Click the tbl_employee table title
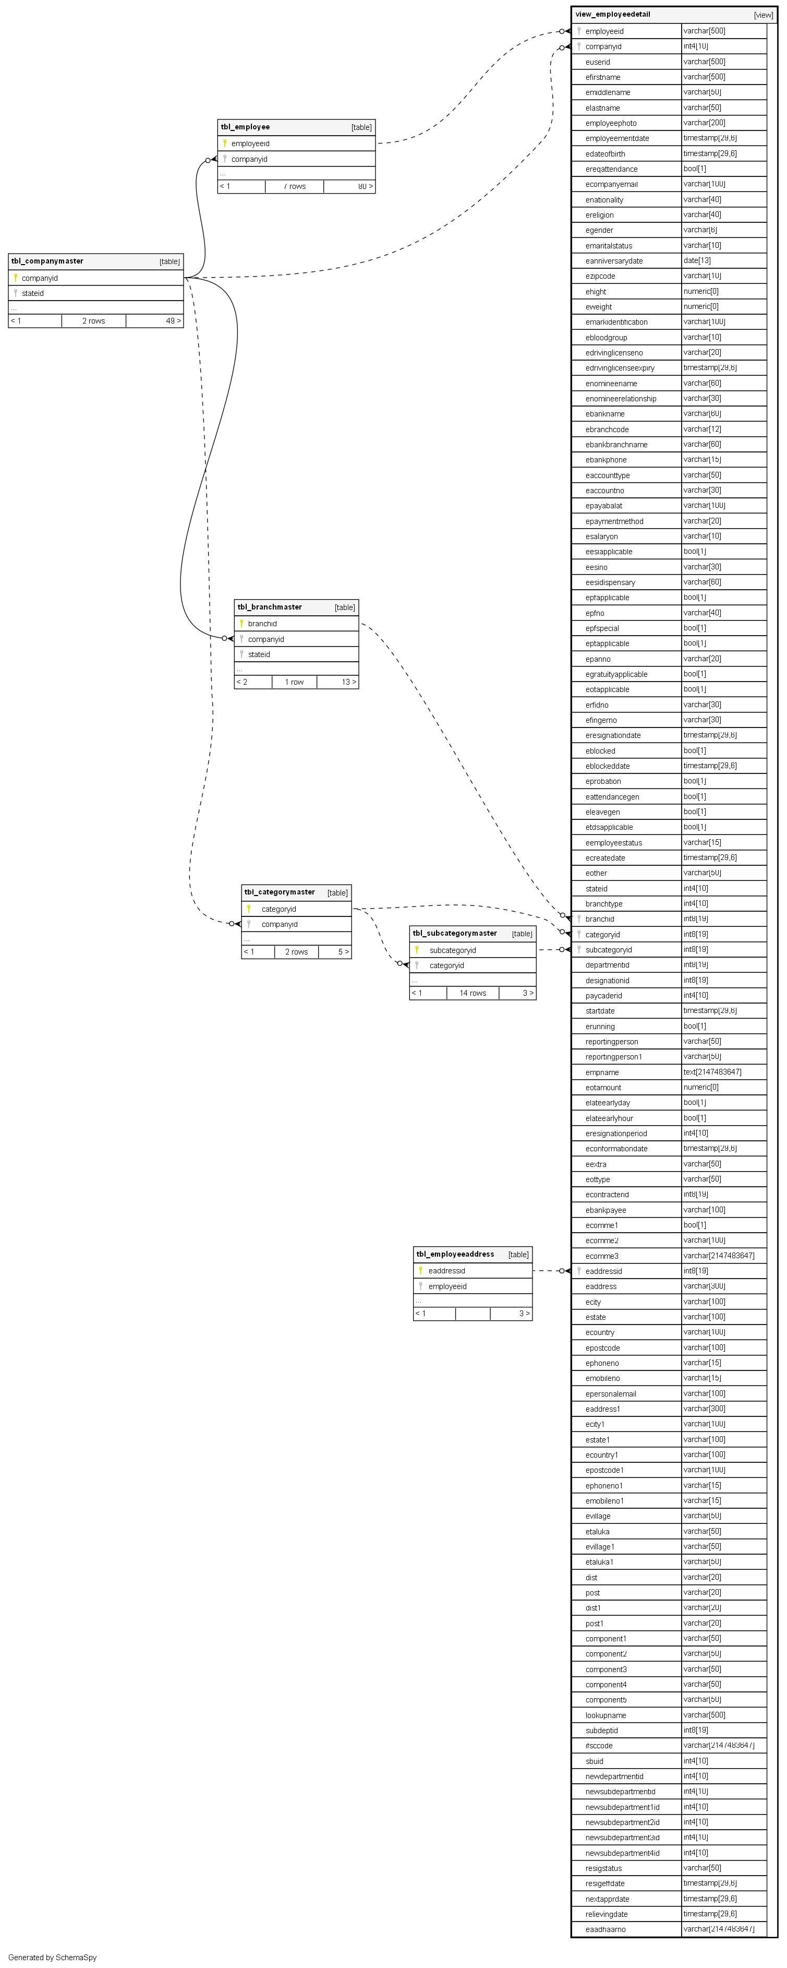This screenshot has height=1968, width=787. point(245,127)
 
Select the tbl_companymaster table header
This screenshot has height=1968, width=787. point(47,261)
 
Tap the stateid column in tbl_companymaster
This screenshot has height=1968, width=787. point(33,293)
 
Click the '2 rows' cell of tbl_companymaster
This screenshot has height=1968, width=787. point(93,321)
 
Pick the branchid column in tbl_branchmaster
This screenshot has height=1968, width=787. point(262,624)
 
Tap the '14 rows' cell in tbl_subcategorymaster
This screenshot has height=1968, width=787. point(473,993)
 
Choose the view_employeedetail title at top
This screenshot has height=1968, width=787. point(612,15)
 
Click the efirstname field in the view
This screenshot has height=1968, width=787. point(602,77)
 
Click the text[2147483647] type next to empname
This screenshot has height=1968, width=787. point(711,1072)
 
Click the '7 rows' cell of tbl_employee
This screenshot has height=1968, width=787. point(295,186)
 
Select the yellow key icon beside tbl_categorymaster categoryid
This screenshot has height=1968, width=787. point(248,909)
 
